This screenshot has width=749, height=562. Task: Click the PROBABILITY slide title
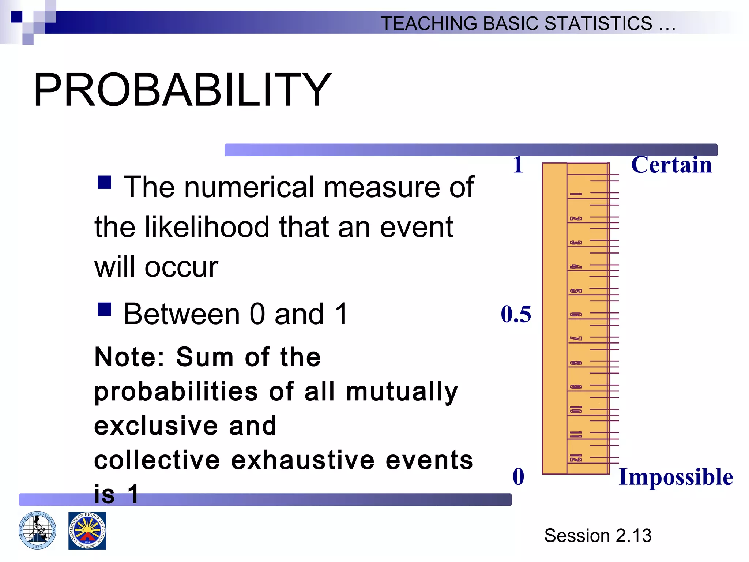[182, 90]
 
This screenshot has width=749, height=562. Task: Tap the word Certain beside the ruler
[671, 165]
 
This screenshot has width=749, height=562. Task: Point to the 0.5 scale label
[516, 314]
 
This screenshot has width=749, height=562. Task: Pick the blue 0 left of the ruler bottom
[518, 477]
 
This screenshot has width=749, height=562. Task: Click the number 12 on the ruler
[576, 458]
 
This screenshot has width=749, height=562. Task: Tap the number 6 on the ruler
[576, 315]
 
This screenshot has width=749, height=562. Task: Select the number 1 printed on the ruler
[576, 194]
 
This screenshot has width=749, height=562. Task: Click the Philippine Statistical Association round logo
[37, 530]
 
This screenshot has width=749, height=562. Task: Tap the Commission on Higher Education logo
[87, 531]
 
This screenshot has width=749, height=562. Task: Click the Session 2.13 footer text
[598, 536]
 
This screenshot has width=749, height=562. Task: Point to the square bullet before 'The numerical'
[104, 182]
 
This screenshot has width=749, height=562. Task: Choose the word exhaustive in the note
[303, 460]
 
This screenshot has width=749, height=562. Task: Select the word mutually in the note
[402, 391]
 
